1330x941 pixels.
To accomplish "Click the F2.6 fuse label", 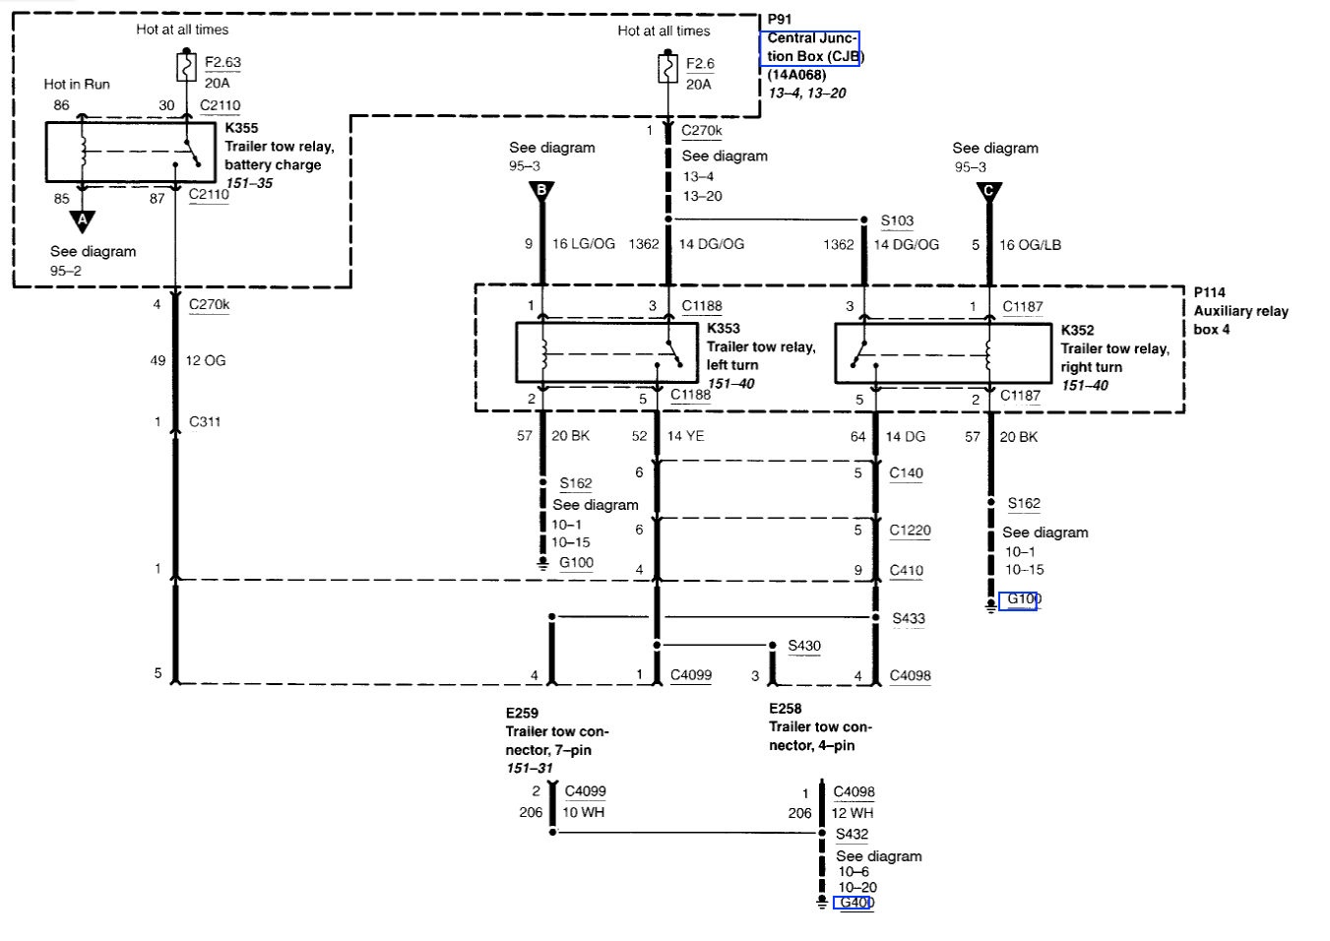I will click(x=700, y=64).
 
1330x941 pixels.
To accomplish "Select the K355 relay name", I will click(x=241, y=128).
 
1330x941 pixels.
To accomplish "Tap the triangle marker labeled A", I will click(x=83, y=219).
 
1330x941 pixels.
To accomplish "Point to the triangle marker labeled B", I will click(x=540, y=190).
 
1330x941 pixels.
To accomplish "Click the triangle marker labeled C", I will click(x=989, y=191).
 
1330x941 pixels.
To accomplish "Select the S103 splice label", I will click(x=897, y=221).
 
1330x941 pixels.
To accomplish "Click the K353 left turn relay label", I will click(x=723, y=329).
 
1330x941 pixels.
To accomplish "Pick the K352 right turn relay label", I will click(x=1077, y=331).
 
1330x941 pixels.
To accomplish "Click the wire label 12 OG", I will click(x=206, y=361).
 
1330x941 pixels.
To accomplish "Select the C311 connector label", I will click(x=205, y=422).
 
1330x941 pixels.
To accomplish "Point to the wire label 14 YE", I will click(x=685, y=436).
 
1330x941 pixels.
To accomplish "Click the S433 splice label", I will click(x=908, y=619).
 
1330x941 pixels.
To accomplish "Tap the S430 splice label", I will click(x=803, y=647).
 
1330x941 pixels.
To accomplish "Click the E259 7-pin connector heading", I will click(x=522, y=713).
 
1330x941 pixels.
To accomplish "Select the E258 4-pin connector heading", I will click(x=785, y=709).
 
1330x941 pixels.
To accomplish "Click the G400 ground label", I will click(x=855, y=903).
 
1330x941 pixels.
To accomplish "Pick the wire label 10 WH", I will click(x=584, y=813).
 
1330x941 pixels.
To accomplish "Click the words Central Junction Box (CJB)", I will click(x=811, y=47).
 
